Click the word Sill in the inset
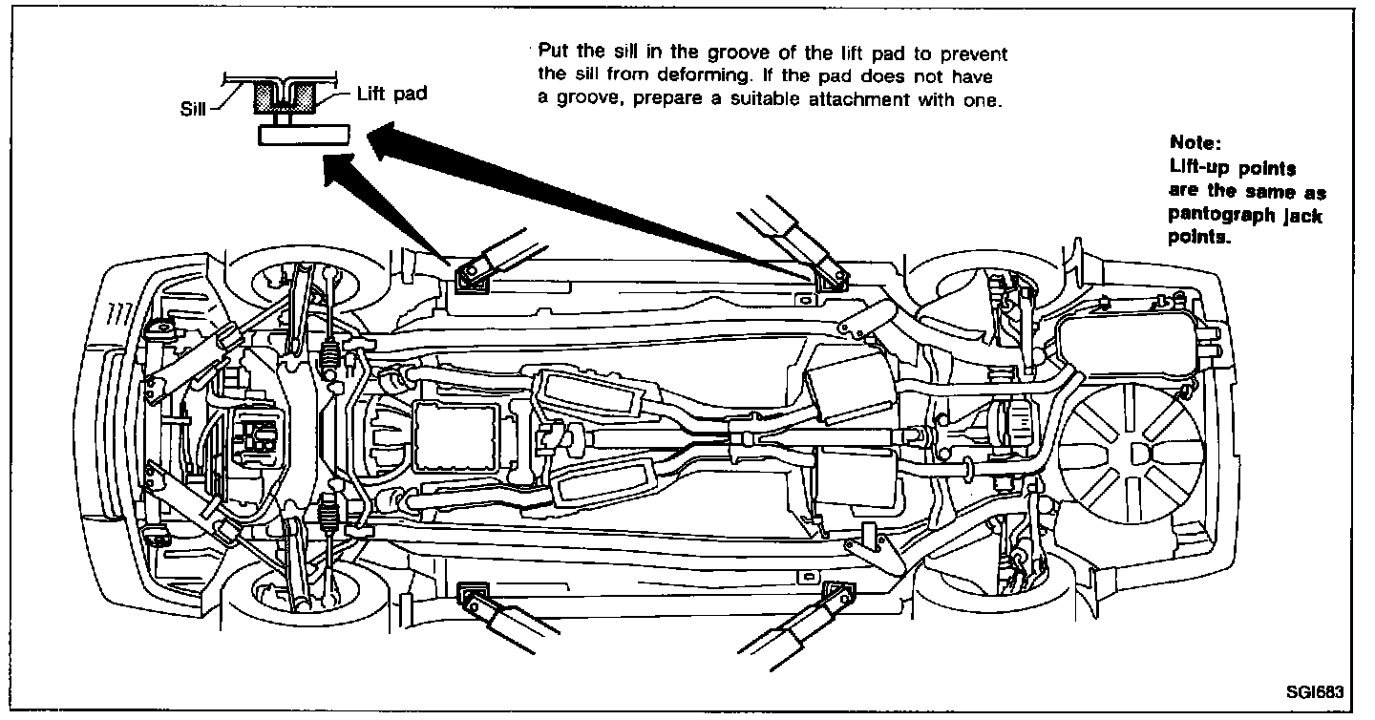coord(195,107)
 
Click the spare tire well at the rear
coord(1131,458)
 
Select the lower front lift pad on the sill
coord(472,599)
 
